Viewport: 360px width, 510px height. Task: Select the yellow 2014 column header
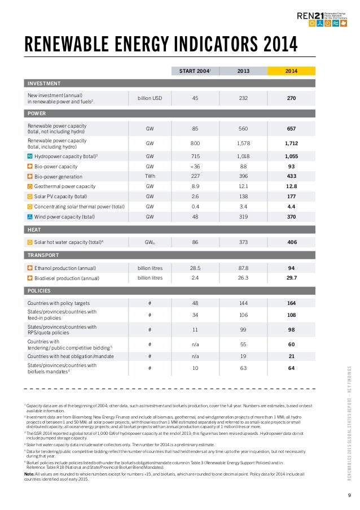tap(291, 71)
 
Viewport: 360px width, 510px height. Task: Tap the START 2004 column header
tap(195, 71)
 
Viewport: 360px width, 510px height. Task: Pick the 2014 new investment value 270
tap(291, 98)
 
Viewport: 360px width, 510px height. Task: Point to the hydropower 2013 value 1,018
tap(243, 156)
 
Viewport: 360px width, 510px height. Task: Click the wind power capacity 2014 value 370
tap(291, 216)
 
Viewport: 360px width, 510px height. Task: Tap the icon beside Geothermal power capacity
tap(30, 186)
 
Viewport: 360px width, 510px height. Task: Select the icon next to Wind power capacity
tap(30, 216)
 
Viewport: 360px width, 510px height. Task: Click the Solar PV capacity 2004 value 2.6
tap(195, 197)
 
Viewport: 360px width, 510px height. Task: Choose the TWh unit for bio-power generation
tap(150, 176)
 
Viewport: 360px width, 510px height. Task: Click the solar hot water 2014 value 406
tap(291, 242)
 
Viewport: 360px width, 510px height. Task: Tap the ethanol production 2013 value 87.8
tap(243, 268)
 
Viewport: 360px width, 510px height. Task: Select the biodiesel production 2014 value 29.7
tap(291, 278)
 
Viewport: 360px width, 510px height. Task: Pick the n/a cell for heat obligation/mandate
tap(195, 356)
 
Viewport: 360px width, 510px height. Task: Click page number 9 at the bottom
tap(350, 496)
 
